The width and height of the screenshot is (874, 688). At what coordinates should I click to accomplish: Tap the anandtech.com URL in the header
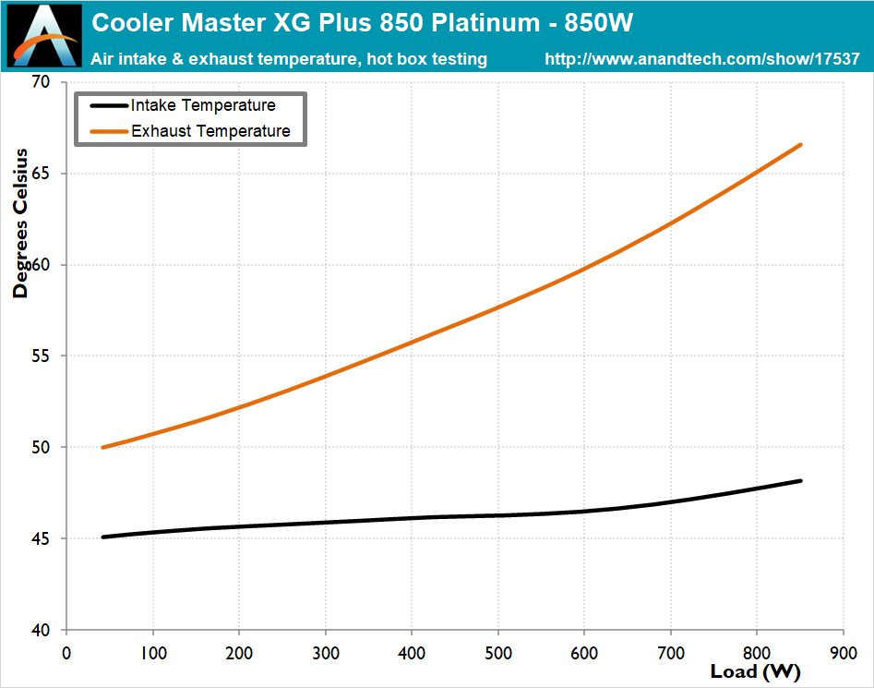[702, 59]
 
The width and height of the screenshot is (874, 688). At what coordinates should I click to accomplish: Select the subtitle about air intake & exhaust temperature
[290, 59]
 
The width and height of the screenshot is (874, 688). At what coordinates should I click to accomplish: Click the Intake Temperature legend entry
[202, 105]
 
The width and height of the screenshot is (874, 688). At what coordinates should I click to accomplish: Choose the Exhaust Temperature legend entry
[210, 131]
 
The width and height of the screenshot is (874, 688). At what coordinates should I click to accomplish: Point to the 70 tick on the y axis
[42, 83]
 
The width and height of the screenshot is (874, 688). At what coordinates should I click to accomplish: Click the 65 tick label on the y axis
[42, 175]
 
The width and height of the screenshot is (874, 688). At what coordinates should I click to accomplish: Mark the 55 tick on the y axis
[42, 356]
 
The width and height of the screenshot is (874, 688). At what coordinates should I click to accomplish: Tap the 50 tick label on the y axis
[42, 448]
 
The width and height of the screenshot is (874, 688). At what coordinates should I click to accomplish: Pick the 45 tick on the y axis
[42, 539]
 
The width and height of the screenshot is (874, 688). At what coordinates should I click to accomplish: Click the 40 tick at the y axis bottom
[42, 631]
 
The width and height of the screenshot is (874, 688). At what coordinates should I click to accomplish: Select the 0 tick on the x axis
[66, 651]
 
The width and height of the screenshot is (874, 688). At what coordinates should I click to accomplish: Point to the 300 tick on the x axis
[326, 651]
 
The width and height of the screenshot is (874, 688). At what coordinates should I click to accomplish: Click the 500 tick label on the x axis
[498, 651]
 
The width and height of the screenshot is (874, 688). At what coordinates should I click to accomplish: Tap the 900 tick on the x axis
[844, 651]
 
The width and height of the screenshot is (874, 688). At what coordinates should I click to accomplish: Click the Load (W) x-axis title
[756, 671]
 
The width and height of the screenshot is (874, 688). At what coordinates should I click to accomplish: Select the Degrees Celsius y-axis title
[20, 223]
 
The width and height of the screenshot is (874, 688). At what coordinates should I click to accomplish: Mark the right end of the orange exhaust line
[800, 145]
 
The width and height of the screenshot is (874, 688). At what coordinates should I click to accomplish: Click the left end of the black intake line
[102, 537]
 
